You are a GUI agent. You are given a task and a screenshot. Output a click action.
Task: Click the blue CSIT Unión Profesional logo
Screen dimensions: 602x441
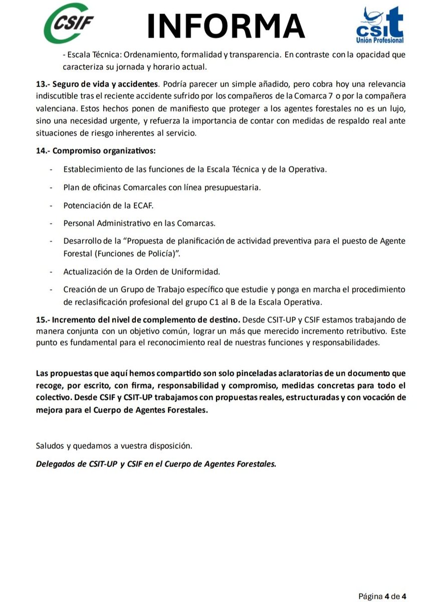[379, 25]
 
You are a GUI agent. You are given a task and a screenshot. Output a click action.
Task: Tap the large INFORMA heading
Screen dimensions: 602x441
[226, 26]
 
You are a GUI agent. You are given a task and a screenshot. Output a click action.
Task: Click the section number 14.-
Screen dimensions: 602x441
[43, 151]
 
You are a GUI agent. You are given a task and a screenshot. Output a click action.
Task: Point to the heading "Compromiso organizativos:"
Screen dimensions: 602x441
[104, 151]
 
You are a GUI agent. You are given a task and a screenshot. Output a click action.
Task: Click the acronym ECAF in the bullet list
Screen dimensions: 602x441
[143, 205]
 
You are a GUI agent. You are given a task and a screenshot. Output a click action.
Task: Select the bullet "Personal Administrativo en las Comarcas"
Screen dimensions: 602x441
[139, 223]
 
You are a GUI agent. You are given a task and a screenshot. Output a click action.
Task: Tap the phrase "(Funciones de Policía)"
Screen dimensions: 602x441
[137, 253]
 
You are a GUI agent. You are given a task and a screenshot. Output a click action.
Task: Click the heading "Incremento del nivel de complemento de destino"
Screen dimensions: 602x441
[146, 320]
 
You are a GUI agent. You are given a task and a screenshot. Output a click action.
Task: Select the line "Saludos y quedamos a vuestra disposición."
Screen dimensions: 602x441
[114, 445]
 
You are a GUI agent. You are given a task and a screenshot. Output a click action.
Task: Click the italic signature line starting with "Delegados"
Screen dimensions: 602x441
[156, 464]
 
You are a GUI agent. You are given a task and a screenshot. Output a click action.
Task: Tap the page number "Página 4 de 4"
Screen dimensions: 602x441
[382, 596]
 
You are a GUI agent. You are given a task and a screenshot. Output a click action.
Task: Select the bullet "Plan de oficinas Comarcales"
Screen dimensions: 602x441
[162, 187]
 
